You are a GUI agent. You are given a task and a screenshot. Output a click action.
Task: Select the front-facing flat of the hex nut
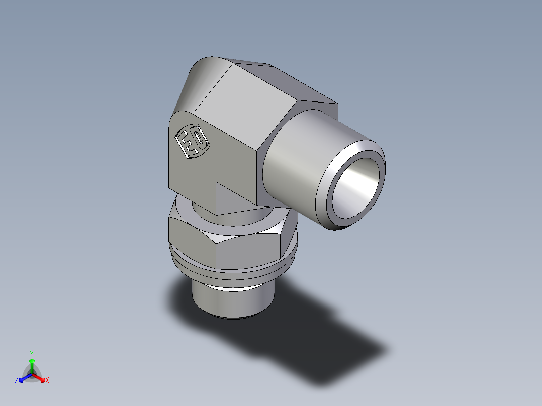[249, 249]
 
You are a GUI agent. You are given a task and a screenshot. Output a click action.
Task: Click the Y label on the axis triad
[31, 353]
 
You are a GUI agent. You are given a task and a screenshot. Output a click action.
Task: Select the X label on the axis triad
[47, 381]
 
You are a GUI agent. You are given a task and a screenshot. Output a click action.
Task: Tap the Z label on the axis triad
[17, 381]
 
